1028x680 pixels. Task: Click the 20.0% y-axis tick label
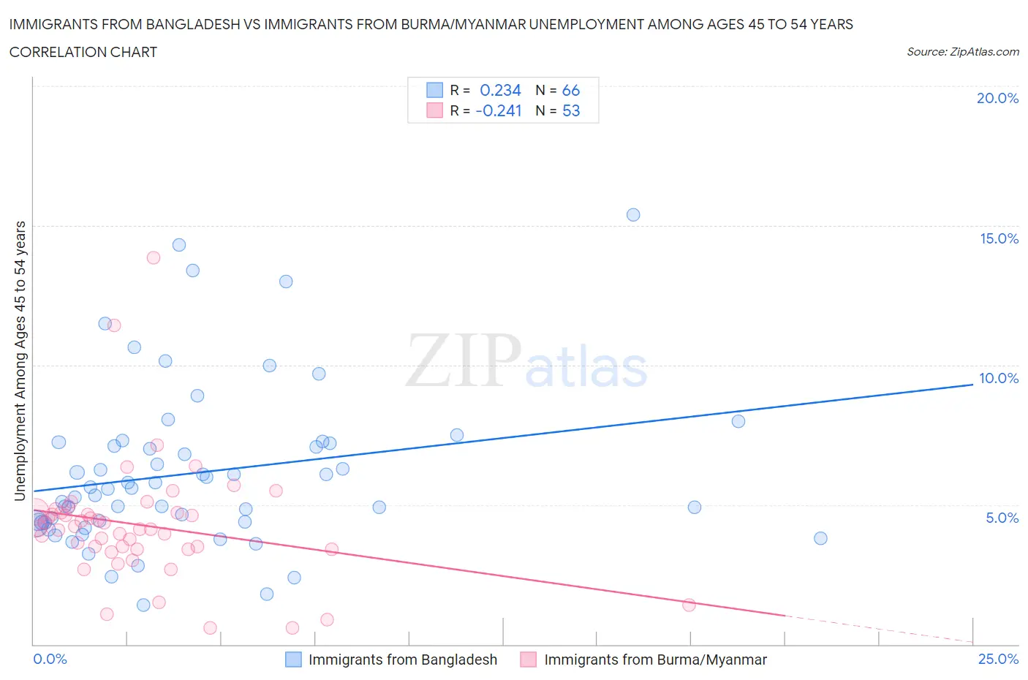997,98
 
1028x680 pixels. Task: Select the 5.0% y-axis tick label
1002,518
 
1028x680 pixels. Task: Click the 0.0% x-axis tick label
50,659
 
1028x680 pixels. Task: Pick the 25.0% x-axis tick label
998,659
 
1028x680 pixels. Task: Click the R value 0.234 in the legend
500,90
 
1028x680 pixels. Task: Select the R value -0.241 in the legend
499,110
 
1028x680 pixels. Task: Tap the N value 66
570,90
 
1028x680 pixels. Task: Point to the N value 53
570,110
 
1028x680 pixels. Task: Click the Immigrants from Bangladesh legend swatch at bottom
293,660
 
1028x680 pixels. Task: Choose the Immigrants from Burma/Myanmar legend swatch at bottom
528,660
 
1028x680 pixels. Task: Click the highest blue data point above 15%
633,215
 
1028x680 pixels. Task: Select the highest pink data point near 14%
154,257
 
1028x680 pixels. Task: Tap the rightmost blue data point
820,538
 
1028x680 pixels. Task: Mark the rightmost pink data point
689,605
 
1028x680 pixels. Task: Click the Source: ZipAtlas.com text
962,51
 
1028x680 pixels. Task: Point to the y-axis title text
20,361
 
